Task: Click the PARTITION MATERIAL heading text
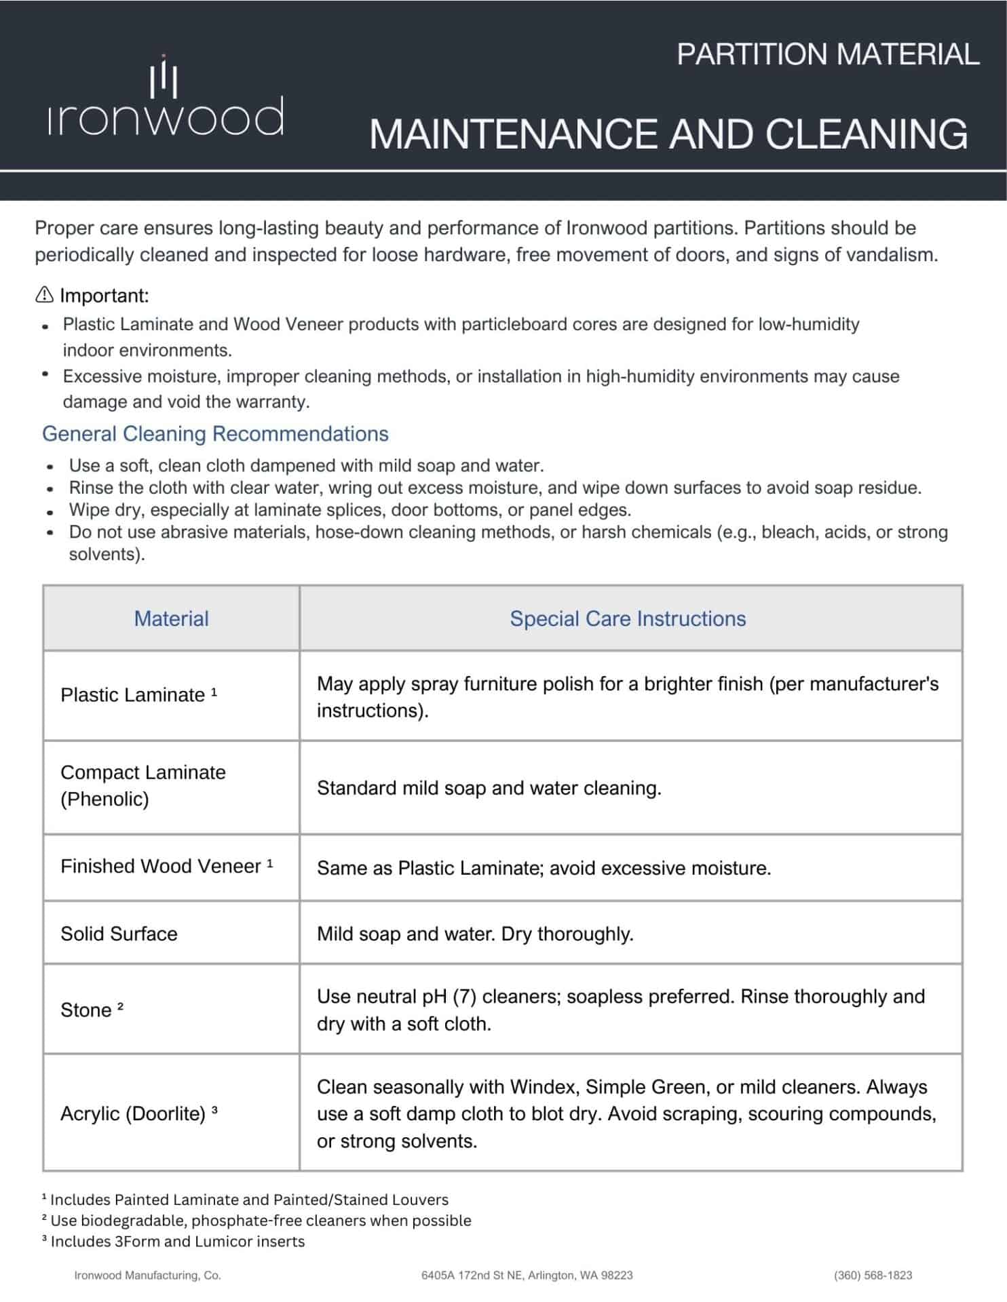pos(827,54)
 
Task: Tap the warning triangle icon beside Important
pos(44,295)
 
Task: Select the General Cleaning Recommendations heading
pos(215,434)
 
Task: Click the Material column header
pos(171,618)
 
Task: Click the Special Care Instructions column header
pos(628,618)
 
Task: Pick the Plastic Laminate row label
pos(133,695)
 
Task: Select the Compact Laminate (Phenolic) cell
pos(143,785)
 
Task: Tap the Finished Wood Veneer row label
pos(161,867)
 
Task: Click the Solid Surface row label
pos(119,934)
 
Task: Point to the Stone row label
pos(86,1010)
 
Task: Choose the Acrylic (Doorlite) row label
pos(133,1113)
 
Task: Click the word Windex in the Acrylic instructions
pos(544,1087)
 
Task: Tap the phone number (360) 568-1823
pos(873,1276)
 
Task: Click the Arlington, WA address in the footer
pos(527,1276)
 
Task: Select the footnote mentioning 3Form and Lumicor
pos(174,1242)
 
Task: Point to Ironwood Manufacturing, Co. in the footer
pos(147,1276)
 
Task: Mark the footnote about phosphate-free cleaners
pos(256,1221)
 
